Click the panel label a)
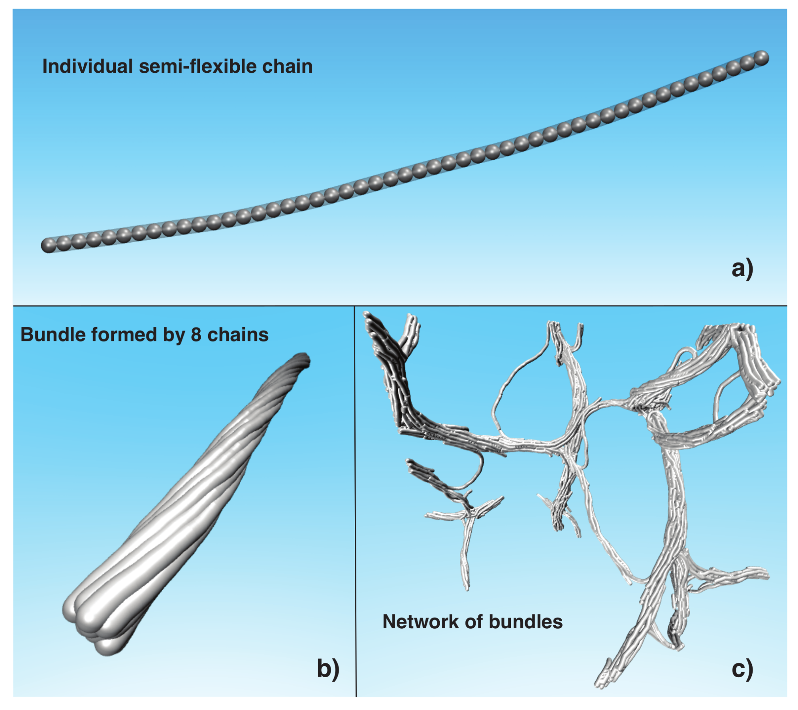pos(742,269)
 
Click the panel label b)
pos(328,669)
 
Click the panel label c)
pos(742,669)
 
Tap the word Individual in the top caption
pos(87,66)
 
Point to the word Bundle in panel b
pos(48,335)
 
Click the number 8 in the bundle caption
pos(196,335)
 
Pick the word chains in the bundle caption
pos(238,335)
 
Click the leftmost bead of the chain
pos(49,245)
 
